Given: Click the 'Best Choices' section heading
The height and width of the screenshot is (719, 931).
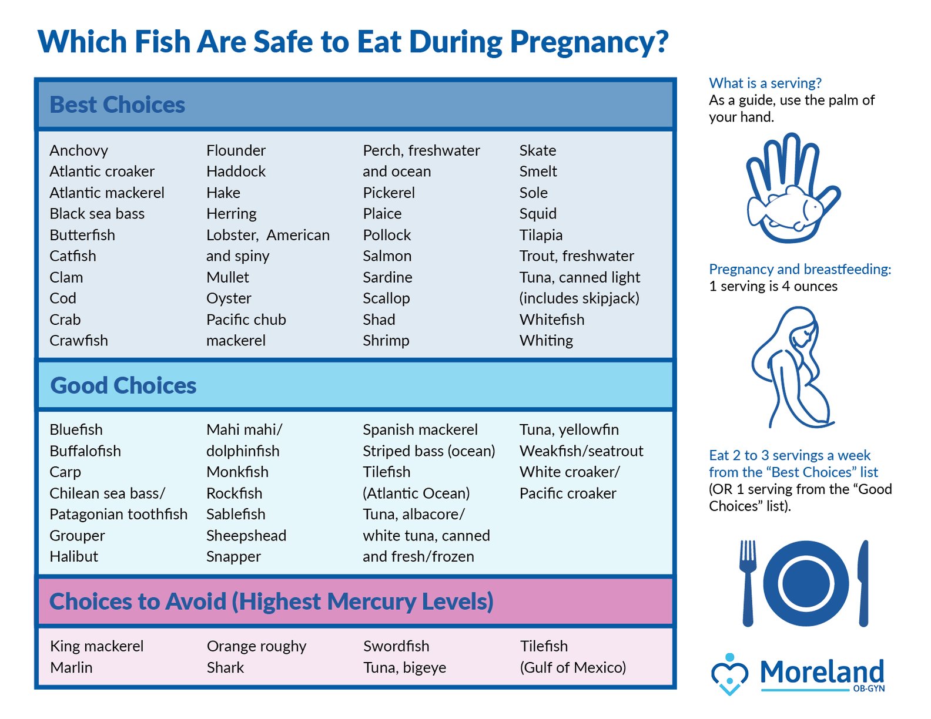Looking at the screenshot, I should [117, 105].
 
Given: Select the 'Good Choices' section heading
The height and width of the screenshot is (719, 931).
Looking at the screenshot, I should [123, 386].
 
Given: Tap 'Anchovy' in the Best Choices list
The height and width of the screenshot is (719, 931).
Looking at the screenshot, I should [79, 151].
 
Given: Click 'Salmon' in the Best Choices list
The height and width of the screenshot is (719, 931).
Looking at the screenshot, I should [387, 256].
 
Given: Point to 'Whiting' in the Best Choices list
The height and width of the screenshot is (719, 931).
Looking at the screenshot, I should [546, 341].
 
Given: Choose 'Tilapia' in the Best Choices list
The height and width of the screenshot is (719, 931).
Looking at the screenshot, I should [541, 235].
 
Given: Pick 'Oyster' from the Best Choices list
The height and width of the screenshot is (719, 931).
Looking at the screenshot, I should [229, 298].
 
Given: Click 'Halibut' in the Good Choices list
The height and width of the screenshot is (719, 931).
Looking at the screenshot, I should [73, 556].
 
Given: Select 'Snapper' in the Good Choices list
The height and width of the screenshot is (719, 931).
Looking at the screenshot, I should [233, 556].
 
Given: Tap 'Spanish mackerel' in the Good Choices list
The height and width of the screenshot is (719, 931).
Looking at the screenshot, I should [420, 429].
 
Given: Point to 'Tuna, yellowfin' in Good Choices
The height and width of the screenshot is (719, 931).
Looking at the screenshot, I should [568, 429].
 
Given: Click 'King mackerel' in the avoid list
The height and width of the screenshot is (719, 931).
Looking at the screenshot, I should [96, 646].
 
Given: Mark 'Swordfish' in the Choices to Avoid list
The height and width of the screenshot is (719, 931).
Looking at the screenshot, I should [396, 646].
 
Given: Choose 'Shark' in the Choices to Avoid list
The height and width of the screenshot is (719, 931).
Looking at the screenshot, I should [225, 667].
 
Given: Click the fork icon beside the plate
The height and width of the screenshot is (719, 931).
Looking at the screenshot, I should [748, 582].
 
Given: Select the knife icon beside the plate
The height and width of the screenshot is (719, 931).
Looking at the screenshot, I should [863, 582].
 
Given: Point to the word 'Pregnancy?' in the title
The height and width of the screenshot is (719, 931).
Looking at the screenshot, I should [589, 42].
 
